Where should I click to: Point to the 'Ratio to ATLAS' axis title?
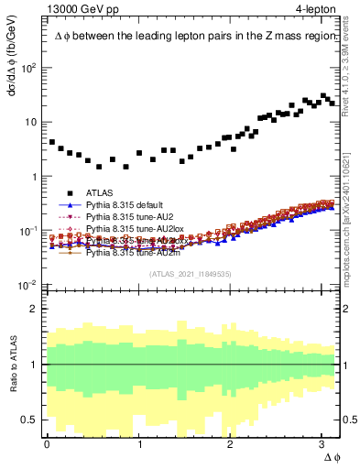pos(12,364)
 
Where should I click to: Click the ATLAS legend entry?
pos(102,193)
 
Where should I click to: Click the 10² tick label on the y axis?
pos(28,68)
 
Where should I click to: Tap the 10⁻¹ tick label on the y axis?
pos(28,231)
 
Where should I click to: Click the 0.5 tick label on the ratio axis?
pos(31,420)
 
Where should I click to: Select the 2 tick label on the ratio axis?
pos(36,308)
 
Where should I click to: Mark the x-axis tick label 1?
pos(139,444)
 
